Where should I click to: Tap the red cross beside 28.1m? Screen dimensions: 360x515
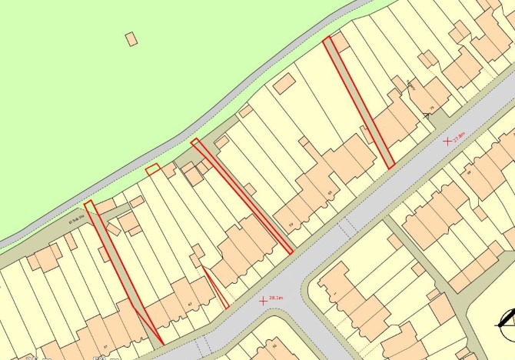coord(264,300)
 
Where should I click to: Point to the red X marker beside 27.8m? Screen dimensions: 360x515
coord(447,142)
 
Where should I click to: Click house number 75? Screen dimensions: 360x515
coord(432,108)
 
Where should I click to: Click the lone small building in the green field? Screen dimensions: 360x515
coord(131,37)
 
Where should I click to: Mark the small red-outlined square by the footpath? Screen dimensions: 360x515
coord(153,168)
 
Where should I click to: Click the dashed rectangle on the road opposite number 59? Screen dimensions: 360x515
coord(347,228)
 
